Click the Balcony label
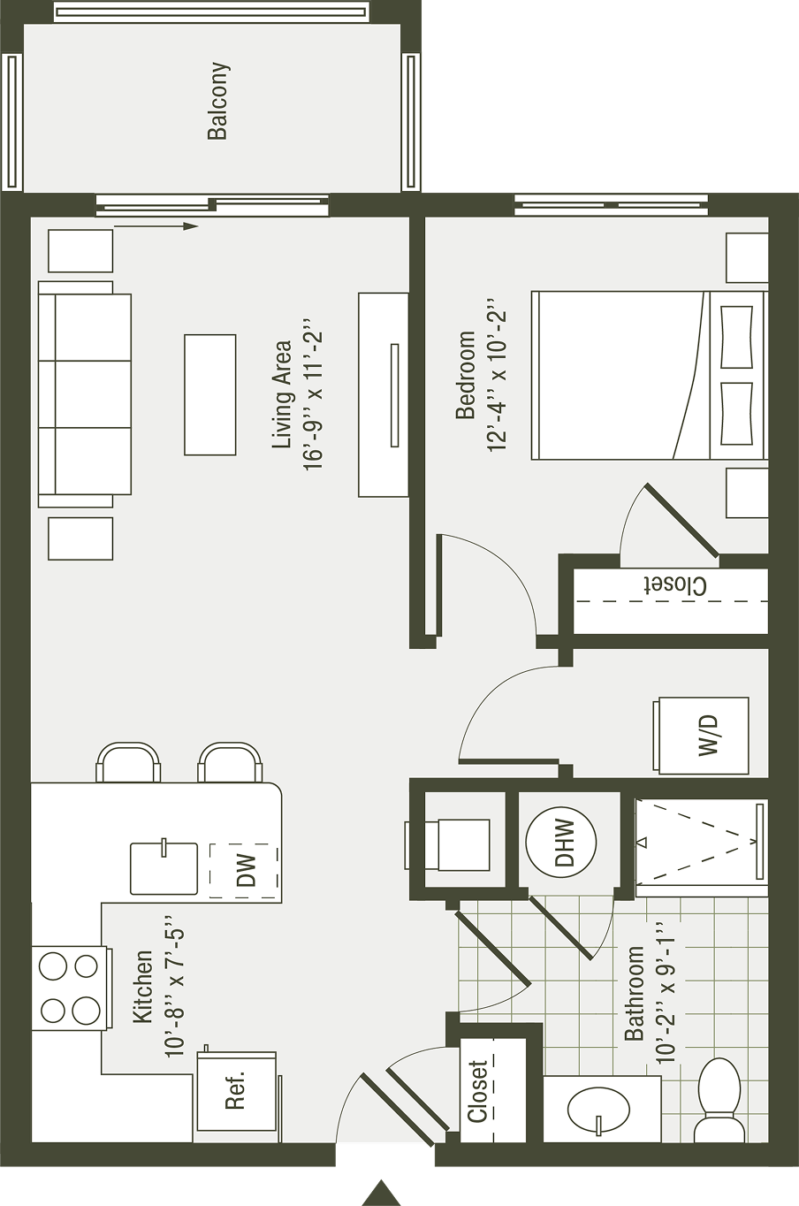[x=217, y=101]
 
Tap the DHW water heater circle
[x=561, y=841]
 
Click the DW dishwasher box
[x=245, y=870]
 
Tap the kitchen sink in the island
[x=164, y=868]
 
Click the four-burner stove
[x=70, y=988]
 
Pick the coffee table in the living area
[x=209, y=394]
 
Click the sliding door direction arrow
[x=156, y=227]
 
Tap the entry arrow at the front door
[x=381, y=1191]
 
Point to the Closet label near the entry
[x=478, y=1090]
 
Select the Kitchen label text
[x=142, y=987]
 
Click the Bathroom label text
[x=634, y=992]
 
